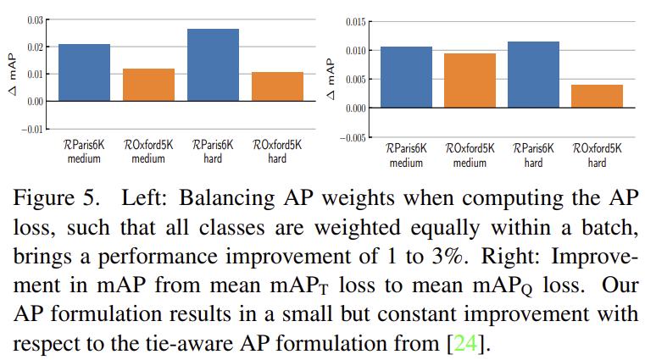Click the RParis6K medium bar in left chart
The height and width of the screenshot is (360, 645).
pos(84,72)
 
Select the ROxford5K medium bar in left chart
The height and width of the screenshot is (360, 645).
pos(148,85)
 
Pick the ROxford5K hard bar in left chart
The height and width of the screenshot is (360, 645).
pos(277,86)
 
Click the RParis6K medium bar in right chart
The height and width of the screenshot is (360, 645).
pos(407,77)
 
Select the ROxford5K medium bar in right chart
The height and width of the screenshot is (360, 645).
pos(470,80)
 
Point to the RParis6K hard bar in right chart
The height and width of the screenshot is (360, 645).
pos(533,75)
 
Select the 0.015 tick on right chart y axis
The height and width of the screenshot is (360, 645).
pos(355,21)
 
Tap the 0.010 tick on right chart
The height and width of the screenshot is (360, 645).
pos(355,51)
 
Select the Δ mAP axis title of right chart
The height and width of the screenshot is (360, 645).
pos(331,79)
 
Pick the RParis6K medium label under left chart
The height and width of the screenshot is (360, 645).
pos(84,151)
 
